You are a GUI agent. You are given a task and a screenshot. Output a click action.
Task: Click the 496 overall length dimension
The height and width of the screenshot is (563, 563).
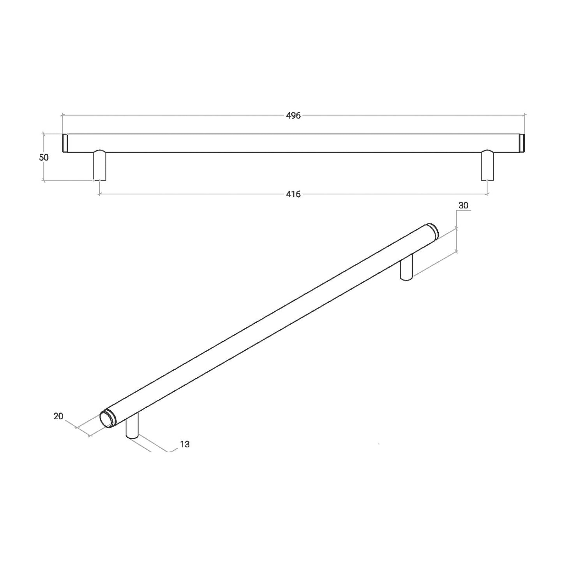click(293, 116)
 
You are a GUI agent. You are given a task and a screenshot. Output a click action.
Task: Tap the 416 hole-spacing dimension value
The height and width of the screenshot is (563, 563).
click(293, 194)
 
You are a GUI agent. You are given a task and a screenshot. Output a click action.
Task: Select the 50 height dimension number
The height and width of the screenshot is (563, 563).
click(44, 157)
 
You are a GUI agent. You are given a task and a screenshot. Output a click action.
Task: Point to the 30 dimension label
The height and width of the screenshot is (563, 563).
click(463, 205)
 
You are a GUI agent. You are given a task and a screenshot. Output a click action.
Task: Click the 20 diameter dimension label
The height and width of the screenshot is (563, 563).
click(58, 416)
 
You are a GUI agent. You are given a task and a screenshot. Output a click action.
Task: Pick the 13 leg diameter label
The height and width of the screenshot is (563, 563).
click(185, 444)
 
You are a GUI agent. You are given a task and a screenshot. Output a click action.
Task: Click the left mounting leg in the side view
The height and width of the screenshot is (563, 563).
click(100, 165)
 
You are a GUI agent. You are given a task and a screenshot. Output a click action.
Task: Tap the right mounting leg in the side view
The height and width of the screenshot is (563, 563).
click(487, 165)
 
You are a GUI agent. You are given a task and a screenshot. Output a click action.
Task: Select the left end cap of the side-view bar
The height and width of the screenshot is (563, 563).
click(65, 143)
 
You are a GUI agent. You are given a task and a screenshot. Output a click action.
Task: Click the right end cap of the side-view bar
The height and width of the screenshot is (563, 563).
click(522, 143)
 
